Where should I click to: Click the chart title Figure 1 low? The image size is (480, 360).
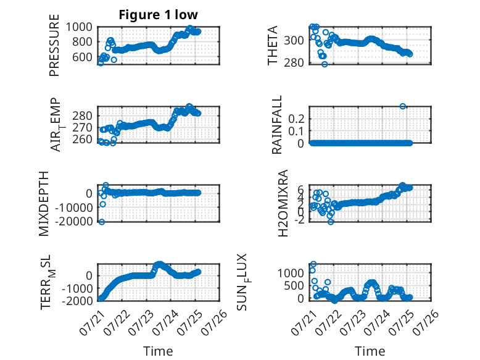coord(159,15)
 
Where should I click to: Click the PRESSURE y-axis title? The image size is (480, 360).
coord(54,45)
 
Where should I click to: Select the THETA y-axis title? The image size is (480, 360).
coord(272,45)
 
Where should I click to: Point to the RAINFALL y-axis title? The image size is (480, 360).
coord(276,125)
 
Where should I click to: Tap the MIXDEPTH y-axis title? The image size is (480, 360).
coord(44,204)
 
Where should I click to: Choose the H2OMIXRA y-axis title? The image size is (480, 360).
coord(283,203)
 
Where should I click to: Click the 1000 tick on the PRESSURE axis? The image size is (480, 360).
coord(79,27)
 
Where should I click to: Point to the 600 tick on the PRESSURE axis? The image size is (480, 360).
coord(82,57)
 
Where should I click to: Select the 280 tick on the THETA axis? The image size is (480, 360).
coord(294,62)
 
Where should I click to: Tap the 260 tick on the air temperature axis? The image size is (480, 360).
coord(82,140)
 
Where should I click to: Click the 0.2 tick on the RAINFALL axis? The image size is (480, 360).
coord(296,119)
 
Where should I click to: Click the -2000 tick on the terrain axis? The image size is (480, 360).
coord(77,301)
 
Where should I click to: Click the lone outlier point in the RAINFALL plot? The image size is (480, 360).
coord(402,106)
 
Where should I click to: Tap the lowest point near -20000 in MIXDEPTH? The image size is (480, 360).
coord(102,222)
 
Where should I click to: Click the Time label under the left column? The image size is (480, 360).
coord(158,351)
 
